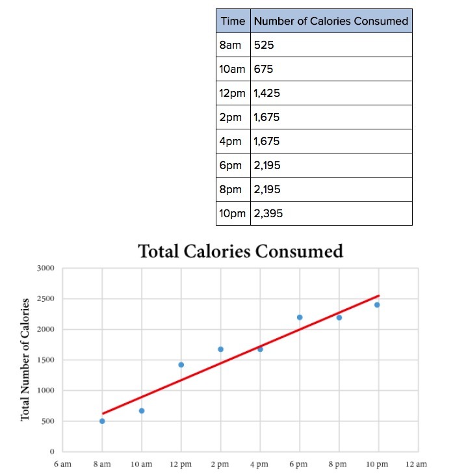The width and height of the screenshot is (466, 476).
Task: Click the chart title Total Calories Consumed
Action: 240,251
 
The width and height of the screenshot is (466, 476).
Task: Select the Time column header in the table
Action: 233,21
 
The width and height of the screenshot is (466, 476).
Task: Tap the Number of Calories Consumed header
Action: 331,21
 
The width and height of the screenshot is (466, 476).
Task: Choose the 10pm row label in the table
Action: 233,213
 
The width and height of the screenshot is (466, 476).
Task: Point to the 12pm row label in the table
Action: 233,93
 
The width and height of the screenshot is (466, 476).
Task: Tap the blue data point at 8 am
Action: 102,421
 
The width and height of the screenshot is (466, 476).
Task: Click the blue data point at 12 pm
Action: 181,365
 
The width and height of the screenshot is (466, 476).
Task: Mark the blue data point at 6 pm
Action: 300,317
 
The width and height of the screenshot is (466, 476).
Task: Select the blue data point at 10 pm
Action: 377,304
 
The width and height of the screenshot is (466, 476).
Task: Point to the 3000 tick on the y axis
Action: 46,268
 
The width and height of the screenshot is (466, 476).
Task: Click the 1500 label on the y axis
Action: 46,360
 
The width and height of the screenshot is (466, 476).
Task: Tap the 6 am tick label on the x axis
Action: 62,464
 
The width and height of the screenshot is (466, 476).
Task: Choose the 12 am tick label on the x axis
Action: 416,464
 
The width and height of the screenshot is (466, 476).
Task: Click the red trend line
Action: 240,354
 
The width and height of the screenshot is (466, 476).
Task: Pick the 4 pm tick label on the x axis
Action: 259,464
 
